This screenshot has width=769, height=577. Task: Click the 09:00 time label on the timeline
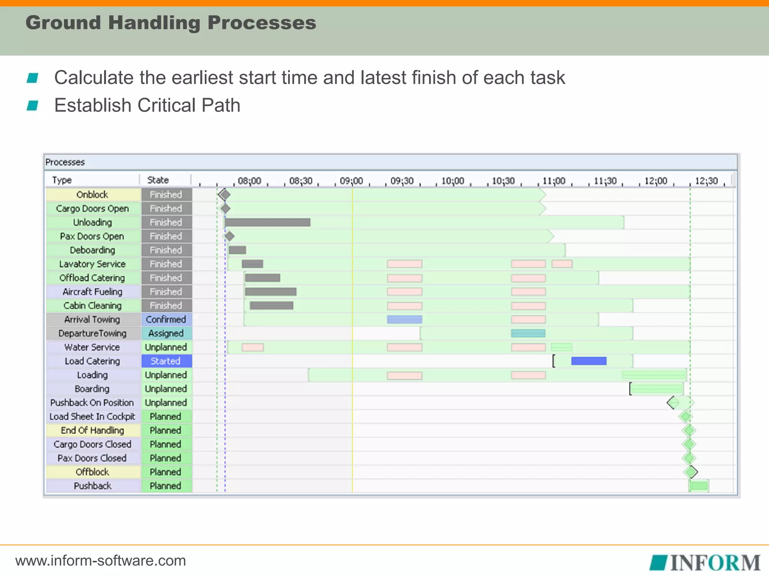tap(351, 181)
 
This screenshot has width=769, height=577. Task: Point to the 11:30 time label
tap(605, 181)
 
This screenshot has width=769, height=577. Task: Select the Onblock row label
tap(92, 195)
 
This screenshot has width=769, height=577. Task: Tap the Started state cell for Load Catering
tap(166, 361)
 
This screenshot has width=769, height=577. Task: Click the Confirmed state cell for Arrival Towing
tap(166, 319)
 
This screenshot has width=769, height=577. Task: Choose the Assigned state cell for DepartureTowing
tap(166, 333)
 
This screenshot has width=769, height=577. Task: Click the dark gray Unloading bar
tap(267, 222)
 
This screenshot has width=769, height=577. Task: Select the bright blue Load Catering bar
tap(588, 361)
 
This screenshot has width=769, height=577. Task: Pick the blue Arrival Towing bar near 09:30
tap(404, 319)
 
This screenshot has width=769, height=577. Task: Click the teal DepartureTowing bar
tap(528, 333)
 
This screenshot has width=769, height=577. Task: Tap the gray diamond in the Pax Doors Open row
tap(229, 236)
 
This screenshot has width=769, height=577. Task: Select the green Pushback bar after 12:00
tap(699, 486)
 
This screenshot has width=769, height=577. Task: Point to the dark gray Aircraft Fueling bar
tap(270, 292)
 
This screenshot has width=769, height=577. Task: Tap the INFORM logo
tap(705, 562)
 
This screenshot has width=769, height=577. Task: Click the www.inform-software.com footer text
tap(101, 560)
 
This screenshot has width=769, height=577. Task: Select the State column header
tap(158, 180)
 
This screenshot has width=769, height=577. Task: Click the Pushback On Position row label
tap(92, 403)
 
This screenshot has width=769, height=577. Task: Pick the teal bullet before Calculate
tap(33, 78)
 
